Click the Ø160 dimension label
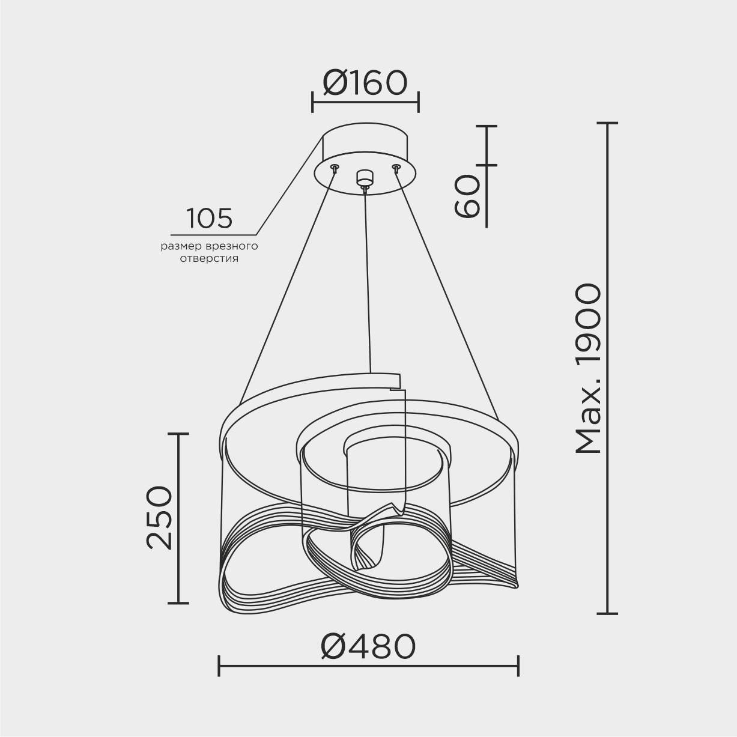(365, 83)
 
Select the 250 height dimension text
(160, 518)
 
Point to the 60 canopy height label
(467, 196)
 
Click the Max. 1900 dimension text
(588, 369)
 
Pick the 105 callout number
(209, 219)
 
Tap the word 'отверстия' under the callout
(209, 259)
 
